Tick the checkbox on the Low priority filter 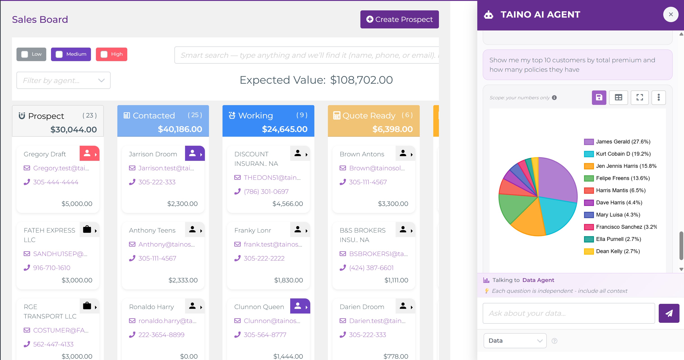(25, 54)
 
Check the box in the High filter (104, 54)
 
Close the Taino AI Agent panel (671, 14)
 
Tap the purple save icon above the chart (599, 97)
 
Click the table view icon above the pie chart (618, 97)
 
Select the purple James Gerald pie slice (556, 180)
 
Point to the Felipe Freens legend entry (622, 178)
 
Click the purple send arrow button (669, 313)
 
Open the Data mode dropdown (515, 341)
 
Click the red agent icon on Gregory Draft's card (87, 153)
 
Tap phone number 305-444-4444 (56, 182)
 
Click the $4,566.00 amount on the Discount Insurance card (287, 204)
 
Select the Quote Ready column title (369, 115)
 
